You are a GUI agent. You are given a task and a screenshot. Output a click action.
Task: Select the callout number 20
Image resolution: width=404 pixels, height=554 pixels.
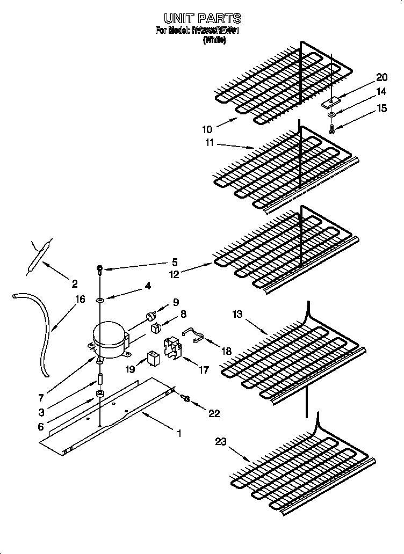[381, 77]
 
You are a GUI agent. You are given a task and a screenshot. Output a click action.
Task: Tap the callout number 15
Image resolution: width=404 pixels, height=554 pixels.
[381, 108]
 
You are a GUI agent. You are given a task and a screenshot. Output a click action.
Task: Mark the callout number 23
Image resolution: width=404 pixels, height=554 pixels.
[222, 442]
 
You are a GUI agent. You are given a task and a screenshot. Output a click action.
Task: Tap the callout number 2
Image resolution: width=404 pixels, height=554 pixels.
[75, 283]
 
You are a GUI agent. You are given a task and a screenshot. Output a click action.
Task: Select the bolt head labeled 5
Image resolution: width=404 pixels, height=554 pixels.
[99, 268]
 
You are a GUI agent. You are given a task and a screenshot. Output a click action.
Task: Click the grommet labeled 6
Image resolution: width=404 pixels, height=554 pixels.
[100, 396]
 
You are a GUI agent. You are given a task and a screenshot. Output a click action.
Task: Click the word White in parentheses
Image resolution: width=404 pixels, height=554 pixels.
[214, 40]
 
